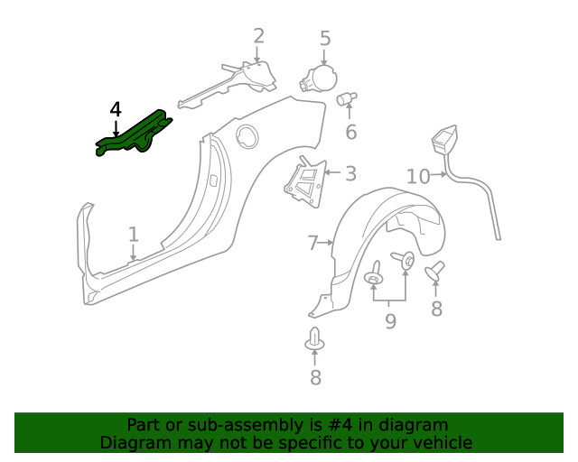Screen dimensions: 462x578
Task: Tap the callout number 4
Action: (115, 110)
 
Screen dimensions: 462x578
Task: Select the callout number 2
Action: (259, 36)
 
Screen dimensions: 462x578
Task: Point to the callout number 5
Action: (325, 39)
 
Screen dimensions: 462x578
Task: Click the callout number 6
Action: (350, 133)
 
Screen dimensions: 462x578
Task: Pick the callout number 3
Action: (350, 173)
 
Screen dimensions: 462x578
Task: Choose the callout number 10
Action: (417, 176)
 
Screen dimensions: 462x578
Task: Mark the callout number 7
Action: (313, 243)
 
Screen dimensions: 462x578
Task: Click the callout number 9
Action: (390, 320)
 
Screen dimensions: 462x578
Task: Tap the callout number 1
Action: (134, 235)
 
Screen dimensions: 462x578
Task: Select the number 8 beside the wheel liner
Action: (436, 309)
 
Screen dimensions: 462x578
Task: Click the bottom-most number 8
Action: (315, 377)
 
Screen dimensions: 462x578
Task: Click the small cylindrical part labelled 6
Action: (347, 99)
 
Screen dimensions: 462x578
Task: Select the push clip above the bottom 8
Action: (315, 340)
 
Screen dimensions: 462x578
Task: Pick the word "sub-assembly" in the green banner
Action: (205, 425)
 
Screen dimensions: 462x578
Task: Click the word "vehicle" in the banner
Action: (441, 442)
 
